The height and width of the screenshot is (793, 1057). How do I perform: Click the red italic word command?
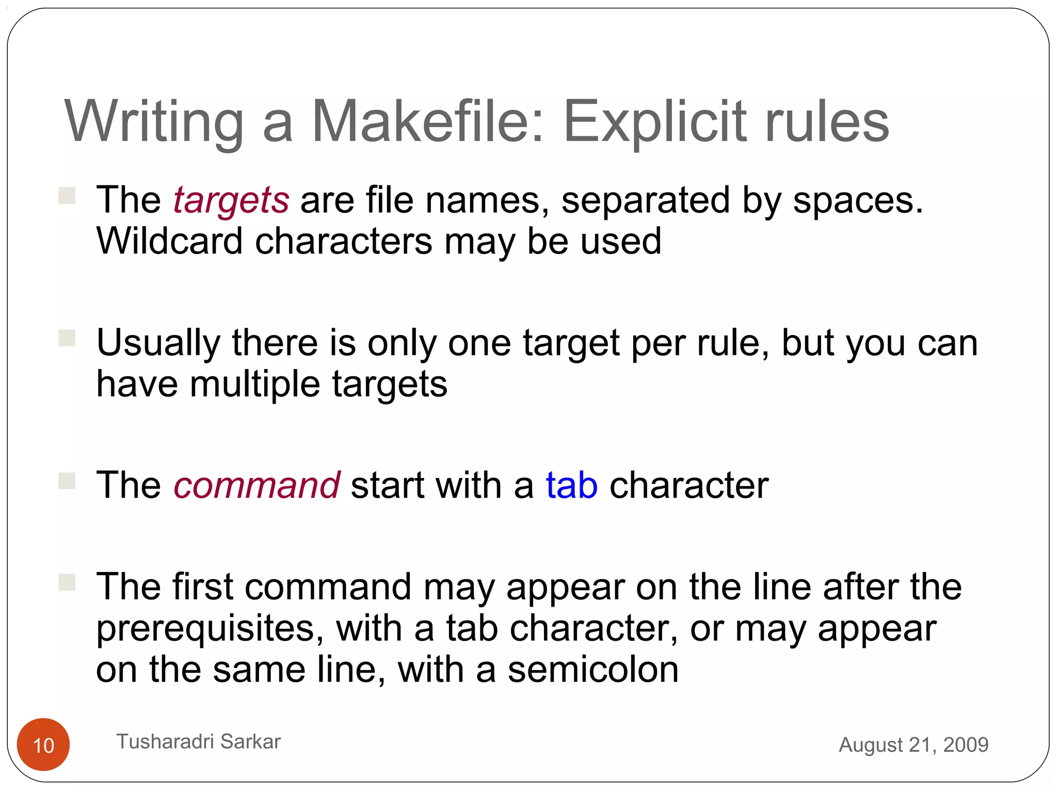(x=257, y=485)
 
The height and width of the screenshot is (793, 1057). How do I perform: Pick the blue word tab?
(x=572, y=485)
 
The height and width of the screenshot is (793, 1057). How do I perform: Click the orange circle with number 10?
(x=43, y=744)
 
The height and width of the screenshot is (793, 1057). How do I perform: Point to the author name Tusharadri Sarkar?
(x=199, y=741)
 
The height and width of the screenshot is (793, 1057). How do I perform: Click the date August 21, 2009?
(x=914, y=744)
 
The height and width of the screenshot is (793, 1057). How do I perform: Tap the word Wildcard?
(x=170, y=241)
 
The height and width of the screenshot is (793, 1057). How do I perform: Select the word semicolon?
(x=593, y=670)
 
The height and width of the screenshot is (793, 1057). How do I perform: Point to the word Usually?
(x=158, y=344)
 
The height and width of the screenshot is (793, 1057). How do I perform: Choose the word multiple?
(x=255, y=384)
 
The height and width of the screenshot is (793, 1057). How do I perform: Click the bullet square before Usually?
(x=67, y=338)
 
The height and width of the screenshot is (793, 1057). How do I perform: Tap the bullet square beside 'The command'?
(x=67, y=481)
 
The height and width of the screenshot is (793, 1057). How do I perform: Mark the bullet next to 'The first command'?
(x=67, y=582)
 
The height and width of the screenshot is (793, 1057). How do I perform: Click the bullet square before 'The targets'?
(x=67, y=196)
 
